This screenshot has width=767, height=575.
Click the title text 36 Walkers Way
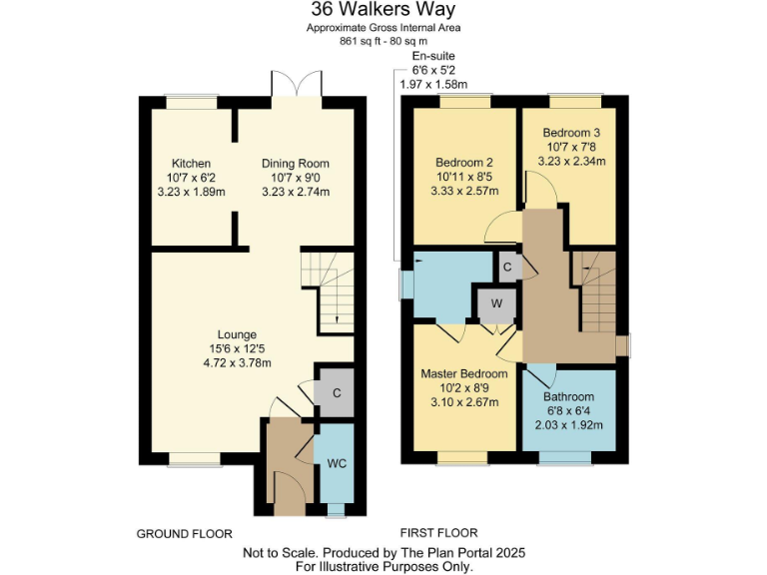coord(383,10)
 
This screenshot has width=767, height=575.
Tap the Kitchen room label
coord(190,163)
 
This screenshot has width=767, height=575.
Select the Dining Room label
coord(296,164)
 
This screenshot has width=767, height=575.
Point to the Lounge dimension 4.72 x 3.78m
coord(238,362)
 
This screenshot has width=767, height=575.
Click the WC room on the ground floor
coord(336,465)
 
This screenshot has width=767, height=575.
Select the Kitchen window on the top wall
coord(191,100)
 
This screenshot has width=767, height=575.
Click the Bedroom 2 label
coord(464,163)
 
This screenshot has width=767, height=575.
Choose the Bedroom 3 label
coord(571,133)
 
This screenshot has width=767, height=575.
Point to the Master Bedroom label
coord(462,374)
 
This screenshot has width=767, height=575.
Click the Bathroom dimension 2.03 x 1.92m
coord(568,424)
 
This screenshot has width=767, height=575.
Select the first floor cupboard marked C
coord(507,268)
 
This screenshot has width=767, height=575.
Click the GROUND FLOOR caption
coord(184,534)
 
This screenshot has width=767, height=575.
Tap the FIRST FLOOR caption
coord(438,533)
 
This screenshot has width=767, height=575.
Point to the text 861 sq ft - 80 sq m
coord(383,41)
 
